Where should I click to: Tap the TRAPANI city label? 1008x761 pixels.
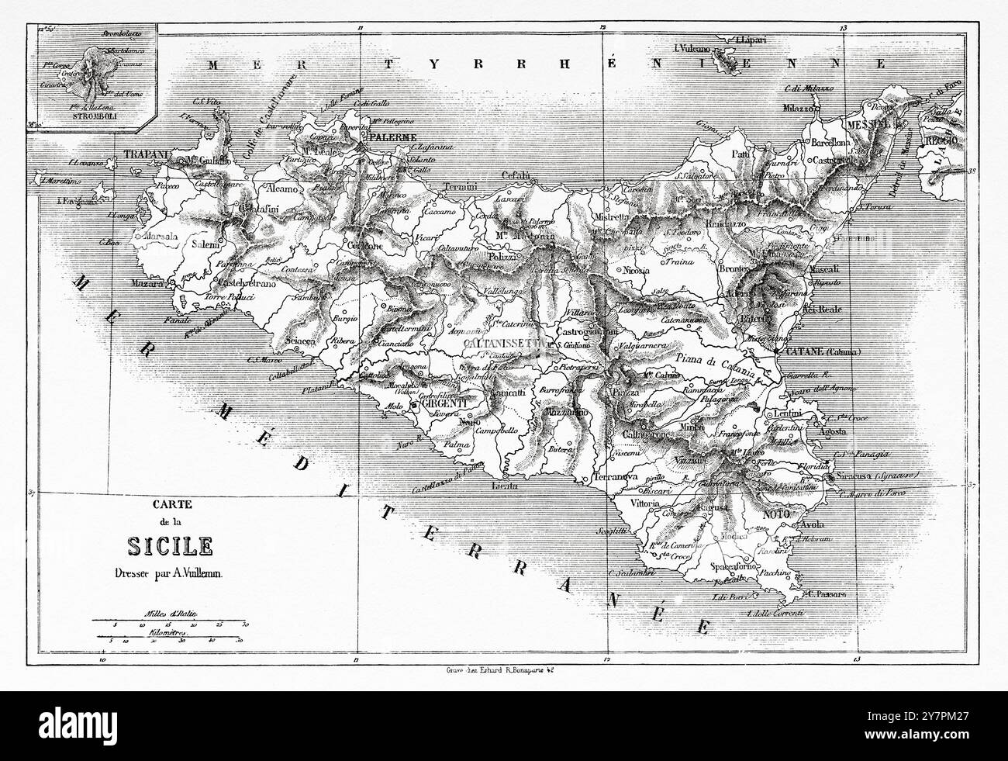[145, 154]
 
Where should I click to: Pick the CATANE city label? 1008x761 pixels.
[806, 351]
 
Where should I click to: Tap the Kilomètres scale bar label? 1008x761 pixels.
[171, 632]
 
